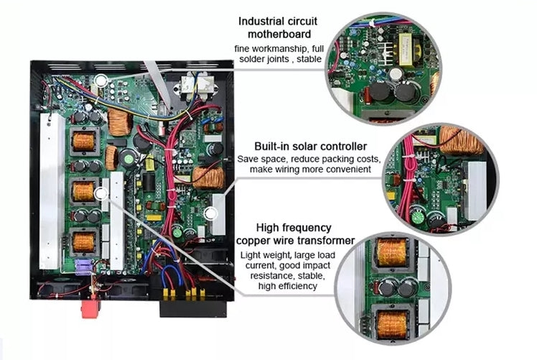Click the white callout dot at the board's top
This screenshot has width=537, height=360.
click(x=101, y=80)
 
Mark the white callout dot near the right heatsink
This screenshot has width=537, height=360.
click(x=211, y=213)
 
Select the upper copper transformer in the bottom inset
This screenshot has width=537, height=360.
click(x=391, y=253)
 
